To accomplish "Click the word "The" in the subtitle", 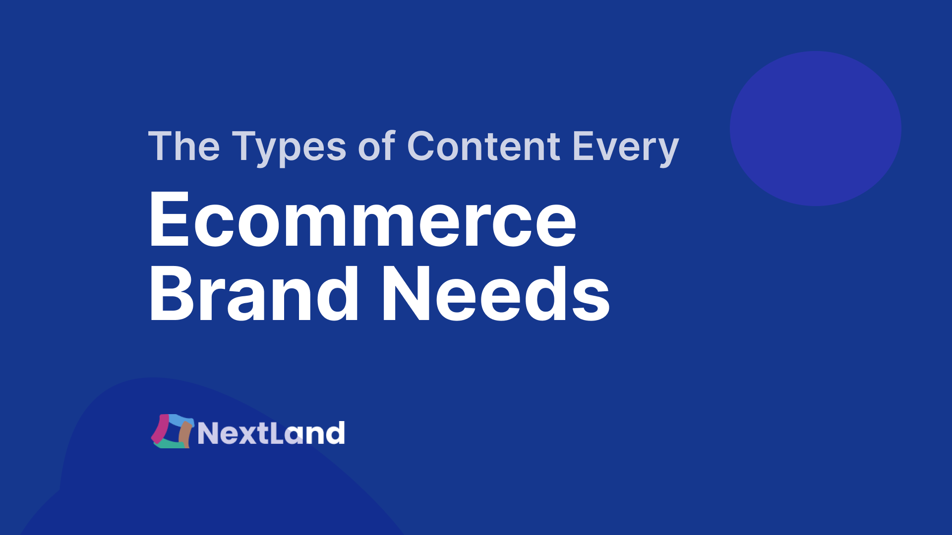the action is click(184, 146).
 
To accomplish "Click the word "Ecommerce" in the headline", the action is click(363, 218).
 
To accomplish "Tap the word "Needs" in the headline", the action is click(495, 293).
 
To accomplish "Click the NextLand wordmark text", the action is click(271, 432).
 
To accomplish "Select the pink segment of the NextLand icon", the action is click(160, 428).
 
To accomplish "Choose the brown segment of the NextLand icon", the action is click(185, 434).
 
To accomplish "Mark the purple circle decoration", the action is click(816, 128).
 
